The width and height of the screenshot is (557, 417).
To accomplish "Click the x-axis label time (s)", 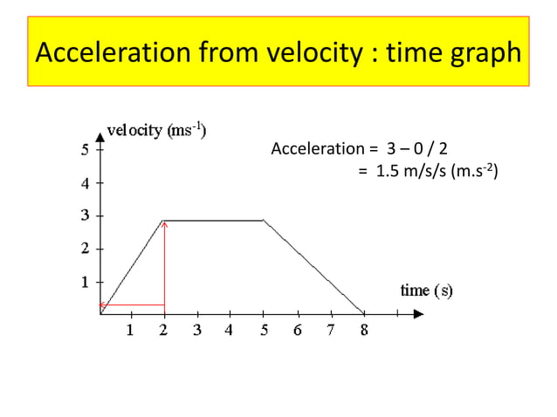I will coord(426,290).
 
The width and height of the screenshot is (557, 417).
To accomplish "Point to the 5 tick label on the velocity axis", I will coord(84,149).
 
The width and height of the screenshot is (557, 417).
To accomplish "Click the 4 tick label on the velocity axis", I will coord(84,184).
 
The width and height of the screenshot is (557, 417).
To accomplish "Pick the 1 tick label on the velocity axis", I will coord(84,283).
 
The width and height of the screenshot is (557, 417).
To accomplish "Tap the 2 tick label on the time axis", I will coord(164,331).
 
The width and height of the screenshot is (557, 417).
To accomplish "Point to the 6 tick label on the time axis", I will coord(297,331).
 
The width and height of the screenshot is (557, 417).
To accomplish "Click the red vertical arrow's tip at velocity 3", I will coord(164,222).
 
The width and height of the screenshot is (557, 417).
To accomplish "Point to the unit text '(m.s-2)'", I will coord(472,171).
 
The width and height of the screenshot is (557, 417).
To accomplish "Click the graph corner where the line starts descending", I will coord(265,221).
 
